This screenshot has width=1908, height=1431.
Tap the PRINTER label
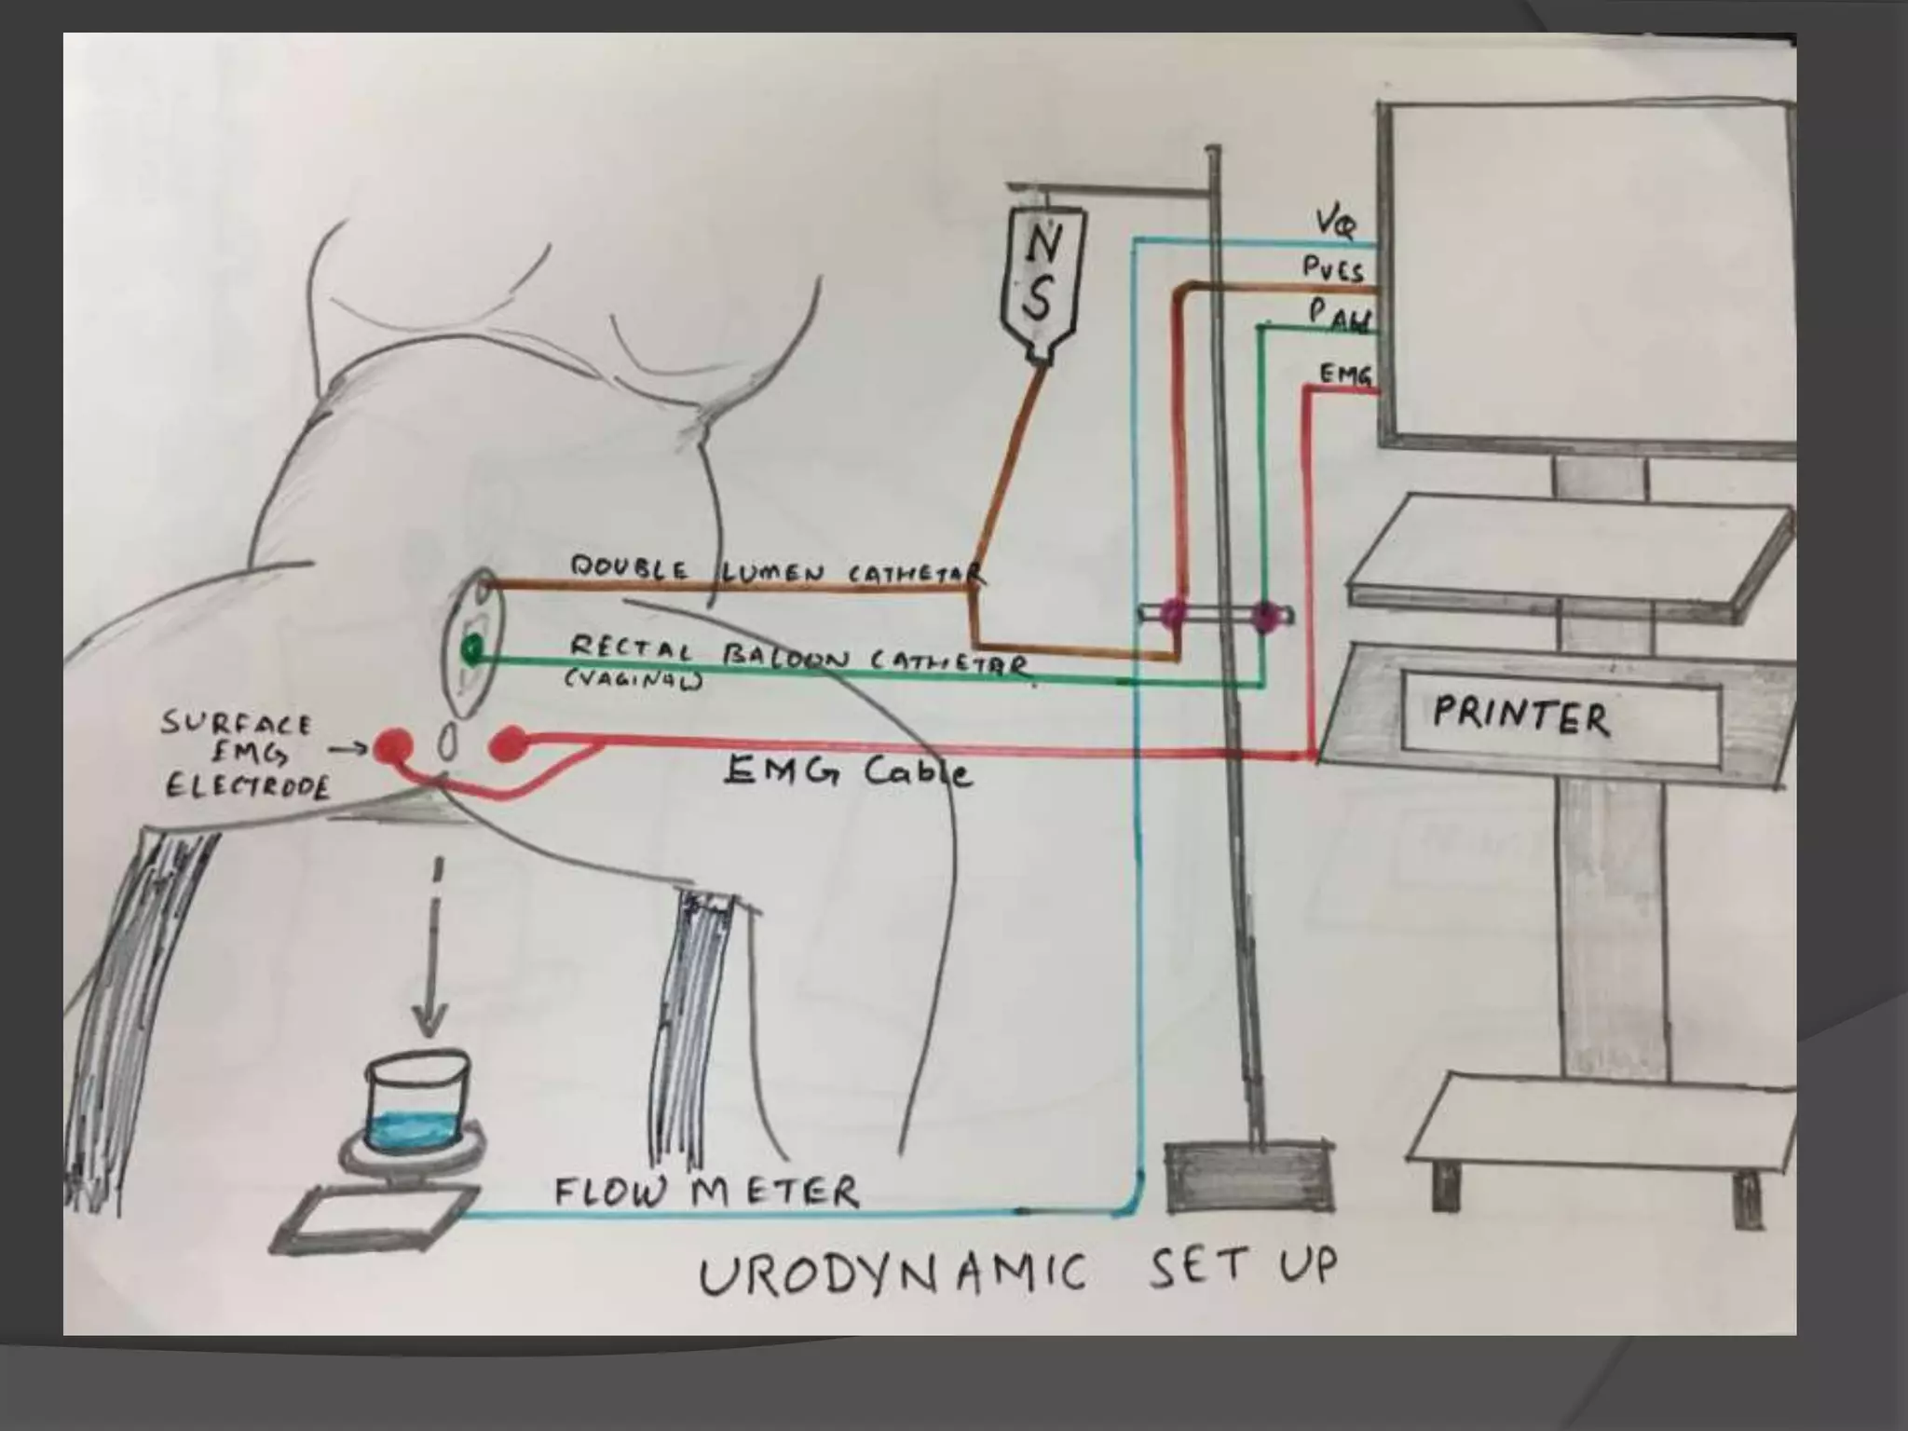pyautogui.click(x=1520, y=716)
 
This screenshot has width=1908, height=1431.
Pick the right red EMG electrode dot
pyautogui.click(x=508, y=744)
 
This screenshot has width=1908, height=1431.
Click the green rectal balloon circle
pyautogui.click(x=472, y=647)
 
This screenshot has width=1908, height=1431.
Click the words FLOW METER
pyautogui.click(x=706, y=1192)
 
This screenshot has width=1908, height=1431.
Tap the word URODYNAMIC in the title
pyautogui.click(x=892, y=1274)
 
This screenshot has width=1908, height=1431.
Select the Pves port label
pyautogui.click(x=1332, y=270)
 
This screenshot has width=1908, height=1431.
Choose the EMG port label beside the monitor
pyautogui.click(x=1345, y=374)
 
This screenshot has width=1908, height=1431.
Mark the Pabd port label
pyautogui.click(x=1340, y=315)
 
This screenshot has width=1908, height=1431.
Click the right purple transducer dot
pyautogui.click(x=1264, y=616)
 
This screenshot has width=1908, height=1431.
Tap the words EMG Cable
pyautogui.click(x=848, y=771)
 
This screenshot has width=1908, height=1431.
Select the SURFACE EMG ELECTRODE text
pyautogui.click(x=245, y=756)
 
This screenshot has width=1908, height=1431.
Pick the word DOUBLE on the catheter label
pyautogui.click(x=630, y=568)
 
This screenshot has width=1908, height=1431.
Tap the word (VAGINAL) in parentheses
pyautogui.click(x=634, y=680)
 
